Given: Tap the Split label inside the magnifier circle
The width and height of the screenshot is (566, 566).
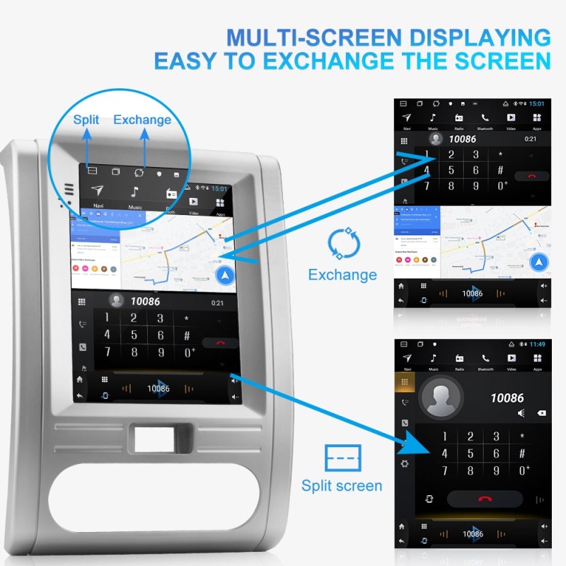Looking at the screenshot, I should coord(87,120).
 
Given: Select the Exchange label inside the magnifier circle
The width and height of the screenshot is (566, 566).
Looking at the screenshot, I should coord(142,120).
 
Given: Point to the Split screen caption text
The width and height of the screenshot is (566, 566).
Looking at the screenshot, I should coord(342,485).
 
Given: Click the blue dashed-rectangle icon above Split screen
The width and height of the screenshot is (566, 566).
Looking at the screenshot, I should coord(342,458).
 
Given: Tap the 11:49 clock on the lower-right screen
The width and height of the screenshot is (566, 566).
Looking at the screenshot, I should coord(536,344).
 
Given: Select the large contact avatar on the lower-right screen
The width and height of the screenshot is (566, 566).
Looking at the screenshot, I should coord(441,396).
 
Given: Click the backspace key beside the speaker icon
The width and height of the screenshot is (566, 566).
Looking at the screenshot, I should coord(541,413).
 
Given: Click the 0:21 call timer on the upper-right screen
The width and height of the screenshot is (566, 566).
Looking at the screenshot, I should coord(531,139).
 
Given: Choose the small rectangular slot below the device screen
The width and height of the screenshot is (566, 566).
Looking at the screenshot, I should coord(156,439).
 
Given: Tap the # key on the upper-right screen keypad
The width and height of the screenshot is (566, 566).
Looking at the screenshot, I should coord(501,170).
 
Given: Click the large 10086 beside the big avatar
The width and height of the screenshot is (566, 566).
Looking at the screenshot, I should coord(507,398).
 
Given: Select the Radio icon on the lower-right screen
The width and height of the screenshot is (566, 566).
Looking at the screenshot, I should coord(459,359).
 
